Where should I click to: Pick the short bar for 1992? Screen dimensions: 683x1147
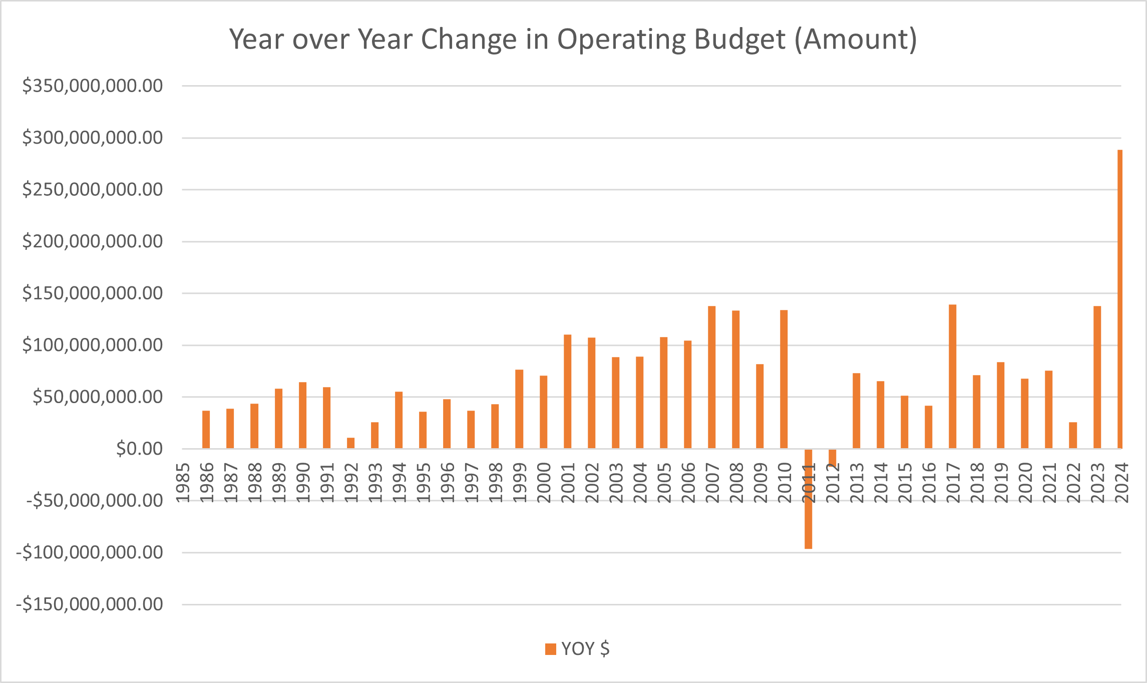350,443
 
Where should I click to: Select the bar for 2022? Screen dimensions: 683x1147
1072,435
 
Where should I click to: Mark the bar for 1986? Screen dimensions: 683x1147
206,430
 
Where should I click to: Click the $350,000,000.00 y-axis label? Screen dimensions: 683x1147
93,86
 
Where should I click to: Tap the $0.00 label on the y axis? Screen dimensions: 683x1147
139,449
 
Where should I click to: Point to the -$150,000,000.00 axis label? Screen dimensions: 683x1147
90,604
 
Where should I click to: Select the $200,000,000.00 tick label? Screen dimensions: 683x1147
93,241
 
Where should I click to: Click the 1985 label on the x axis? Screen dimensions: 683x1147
183,483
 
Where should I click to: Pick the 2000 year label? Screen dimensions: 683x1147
543,483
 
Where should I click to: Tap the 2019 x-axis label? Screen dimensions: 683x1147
1001,483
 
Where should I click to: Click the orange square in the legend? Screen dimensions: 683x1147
550,649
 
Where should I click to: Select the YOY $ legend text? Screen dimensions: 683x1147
585,649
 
